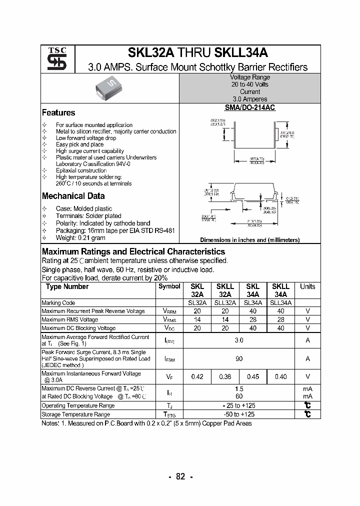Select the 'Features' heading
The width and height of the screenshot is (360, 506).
(x=58, y=113)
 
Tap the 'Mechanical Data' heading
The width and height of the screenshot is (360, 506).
(x=73, y=196)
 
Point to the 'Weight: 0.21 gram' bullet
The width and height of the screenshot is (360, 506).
(x=80, y=238)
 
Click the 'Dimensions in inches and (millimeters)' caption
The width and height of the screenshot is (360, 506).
(x=250, y=240)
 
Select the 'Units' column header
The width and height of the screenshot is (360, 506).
(x=307, y=286)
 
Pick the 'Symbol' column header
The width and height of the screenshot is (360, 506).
(x=169, y=286)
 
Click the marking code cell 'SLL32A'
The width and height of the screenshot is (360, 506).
(x=225, y=303)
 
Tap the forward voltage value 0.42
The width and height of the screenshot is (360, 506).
(x=197, y=377)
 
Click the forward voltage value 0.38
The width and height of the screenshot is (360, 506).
(x=225, y=377)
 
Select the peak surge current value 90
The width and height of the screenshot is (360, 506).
(x=239, y=358)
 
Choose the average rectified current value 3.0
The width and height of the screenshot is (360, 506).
(x=239, y=340)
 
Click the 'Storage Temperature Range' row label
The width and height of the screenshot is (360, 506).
(x=75, y=414)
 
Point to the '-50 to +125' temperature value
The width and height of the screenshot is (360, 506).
(x=239, y=414)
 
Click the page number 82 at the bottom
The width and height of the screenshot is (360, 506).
(x=180, y=477)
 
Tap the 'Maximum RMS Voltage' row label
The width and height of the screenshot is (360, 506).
(x=69, y=319)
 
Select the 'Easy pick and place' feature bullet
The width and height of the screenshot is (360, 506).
(x=79, y=144)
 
